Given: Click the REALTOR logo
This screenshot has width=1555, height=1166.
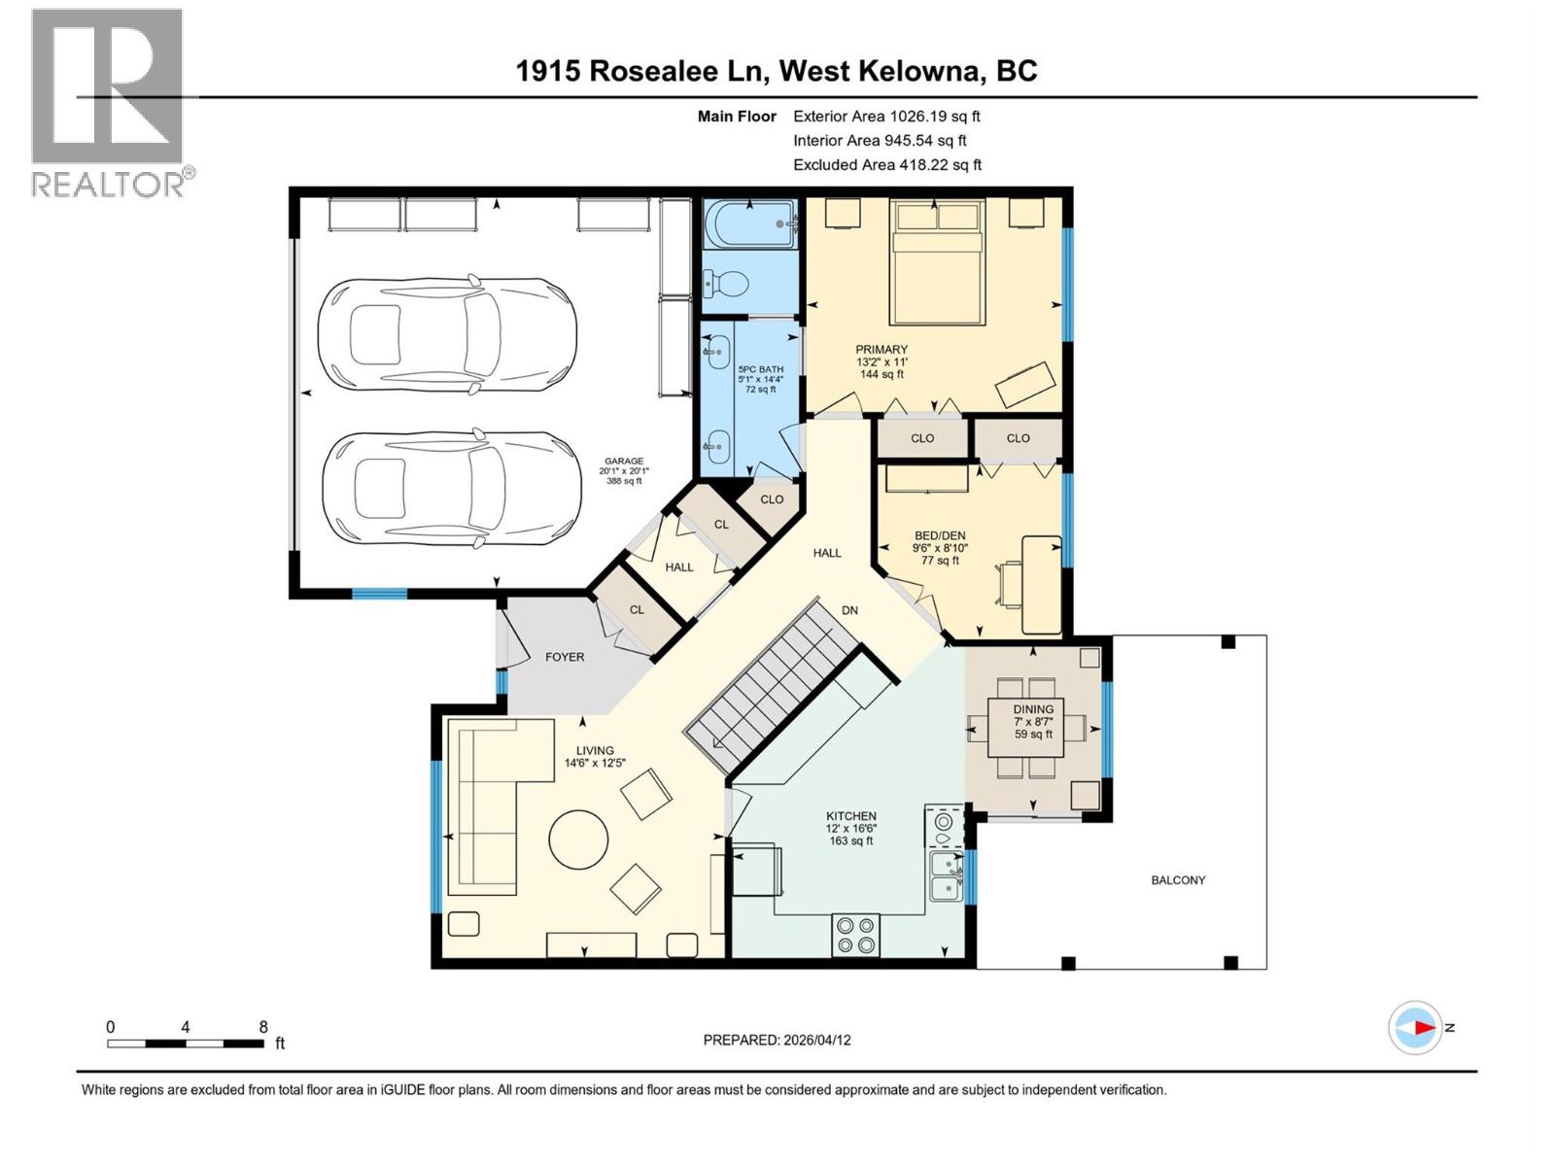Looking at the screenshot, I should [x=107, y=102].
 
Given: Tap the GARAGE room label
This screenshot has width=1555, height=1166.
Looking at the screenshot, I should [x=624, y=462].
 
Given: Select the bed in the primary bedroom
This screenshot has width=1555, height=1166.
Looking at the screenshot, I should [x=937, y=261].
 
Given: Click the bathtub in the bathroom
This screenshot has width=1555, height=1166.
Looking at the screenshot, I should [x=749, y=224].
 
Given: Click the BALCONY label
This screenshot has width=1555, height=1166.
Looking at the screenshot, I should [x=1178, y=880].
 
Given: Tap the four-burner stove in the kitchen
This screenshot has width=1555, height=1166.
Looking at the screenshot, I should [x=855, y=934].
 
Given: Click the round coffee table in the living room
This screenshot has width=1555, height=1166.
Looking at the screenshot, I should [x=579, y=840].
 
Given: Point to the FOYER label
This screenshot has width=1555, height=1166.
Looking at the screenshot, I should [x=565, y=657].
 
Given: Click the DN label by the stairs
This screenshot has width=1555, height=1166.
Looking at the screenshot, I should [x=849, y=610].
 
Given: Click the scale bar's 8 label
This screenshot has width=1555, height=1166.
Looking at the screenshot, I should [x=263, y=1027].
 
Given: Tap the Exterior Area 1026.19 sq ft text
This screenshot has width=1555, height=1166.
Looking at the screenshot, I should [x=886, y=116].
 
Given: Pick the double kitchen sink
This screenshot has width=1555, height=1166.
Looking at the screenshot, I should [x=945, y=875].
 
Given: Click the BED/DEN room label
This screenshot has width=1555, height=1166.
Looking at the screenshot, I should [x=940, y=535].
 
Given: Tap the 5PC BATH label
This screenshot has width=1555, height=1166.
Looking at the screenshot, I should [x=760, y=369].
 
